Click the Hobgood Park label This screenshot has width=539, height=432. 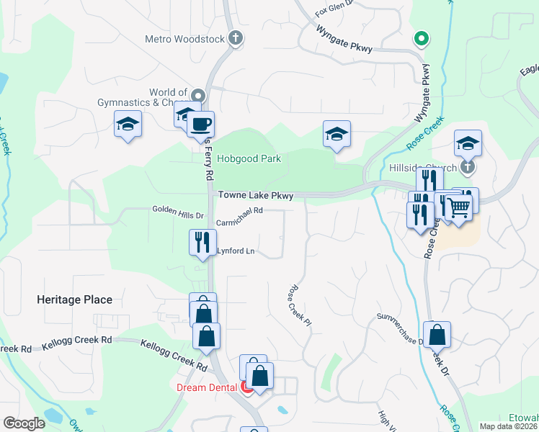click(249, 158)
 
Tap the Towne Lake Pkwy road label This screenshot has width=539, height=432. click(256, 196)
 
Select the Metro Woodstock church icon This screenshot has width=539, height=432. click(235, 39)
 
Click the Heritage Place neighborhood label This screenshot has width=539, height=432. click(75, 300)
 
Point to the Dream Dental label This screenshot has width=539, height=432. click(207, 387)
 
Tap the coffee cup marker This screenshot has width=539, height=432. click(200, 124)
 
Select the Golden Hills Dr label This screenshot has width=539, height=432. click(178, 210)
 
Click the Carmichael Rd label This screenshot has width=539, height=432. click(239, 211)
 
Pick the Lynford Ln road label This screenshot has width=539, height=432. click(237, 251)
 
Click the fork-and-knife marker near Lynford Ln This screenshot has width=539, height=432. click(202, 241)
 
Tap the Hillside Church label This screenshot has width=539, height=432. click(429, 167)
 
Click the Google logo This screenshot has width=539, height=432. click(24, 423)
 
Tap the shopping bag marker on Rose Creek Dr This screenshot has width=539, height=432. click(437, 335)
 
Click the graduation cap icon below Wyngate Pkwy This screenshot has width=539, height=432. click(337, 134)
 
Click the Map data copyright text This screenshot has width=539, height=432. click(508, 426)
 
